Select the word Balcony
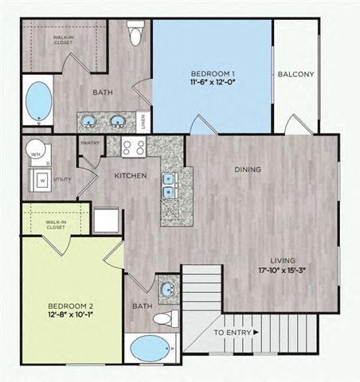point(295,75)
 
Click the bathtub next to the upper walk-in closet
point(36,100)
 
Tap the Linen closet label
point(143,121)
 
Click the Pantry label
point(88,143)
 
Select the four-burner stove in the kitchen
point(132,147)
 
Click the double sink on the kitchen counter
point(169,185)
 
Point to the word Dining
point(248,170)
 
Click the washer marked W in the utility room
point(40,178)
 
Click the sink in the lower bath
point(168,288)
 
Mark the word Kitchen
point(130,175)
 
